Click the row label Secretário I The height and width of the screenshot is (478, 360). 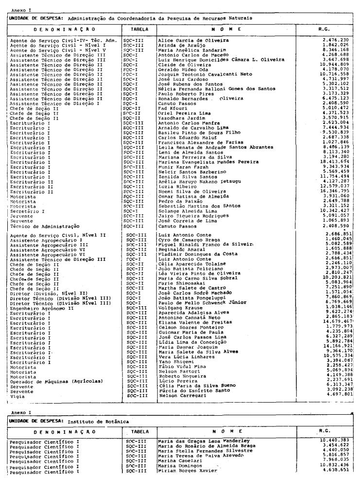click(27, 212)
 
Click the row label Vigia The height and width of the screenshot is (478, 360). click(17, 395)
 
